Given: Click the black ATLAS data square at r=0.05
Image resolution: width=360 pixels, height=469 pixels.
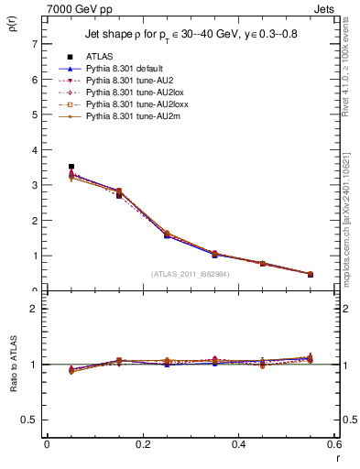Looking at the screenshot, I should pos(71,167).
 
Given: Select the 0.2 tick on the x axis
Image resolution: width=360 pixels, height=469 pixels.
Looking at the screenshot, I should pos(142,444).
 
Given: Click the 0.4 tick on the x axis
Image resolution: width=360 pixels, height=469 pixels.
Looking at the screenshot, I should pos(238,444).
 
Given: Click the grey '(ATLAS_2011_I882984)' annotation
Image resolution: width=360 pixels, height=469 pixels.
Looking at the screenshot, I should pos(190,274).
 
